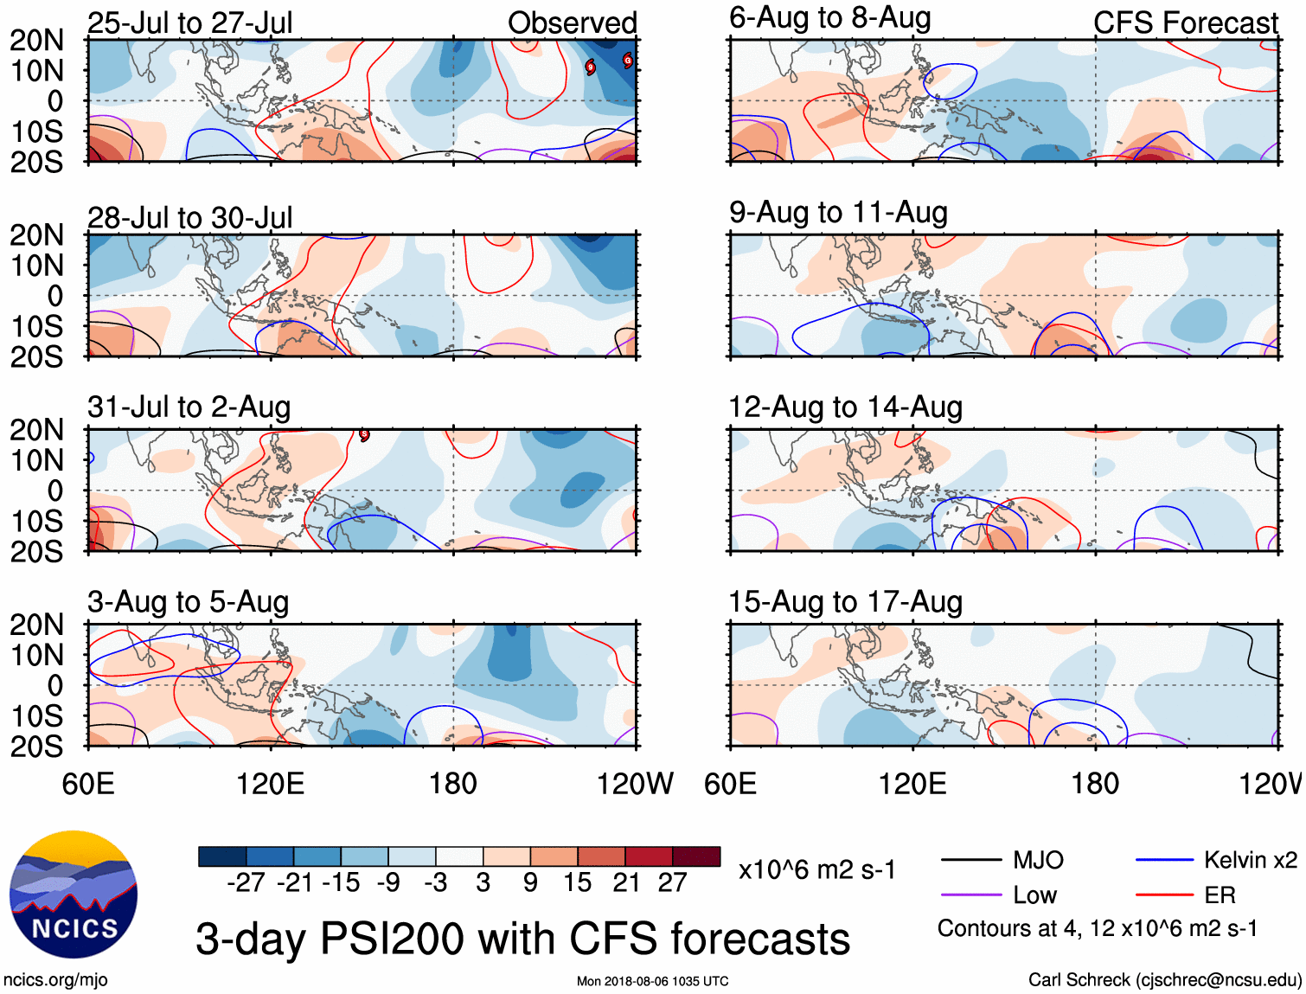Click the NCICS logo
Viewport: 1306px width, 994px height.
[x=74, y=895]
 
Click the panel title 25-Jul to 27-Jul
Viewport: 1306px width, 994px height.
[x=189, y=22]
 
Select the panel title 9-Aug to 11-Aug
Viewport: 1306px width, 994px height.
[x=838, y=212]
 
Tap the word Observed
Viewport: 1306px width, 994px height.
[x=572, y=22]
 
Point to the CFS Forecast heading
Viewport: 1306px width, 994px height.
[x=1185, y=22]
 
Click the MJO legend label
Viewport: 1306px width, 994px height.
[x=1038, y=860]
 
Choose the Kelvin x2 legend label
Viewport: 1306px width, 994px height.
[x=1250, y=860]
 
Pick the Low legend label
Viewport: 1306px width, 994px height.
[x=1035, y=895]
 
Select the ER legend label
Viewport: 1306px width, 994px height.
[x=1220, y=895]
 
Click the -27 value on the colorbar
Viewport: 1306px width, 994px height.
[x=246, y=882]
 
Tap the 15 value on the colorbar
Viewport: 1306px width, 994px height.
[x=577, y=882]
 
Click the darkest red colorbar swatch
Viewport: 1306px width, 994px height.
[x=696, y=856]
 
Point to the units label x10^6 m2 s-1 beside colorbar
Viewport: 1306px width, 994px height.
[x=816, y=869]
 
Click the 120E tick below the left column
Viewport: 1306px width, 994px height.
[x=270, y=784]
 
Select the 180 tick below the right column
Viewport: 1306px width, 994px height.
[x=1095, y=784]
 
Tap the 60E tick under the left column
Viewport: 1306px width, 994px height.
[x=88, y=784]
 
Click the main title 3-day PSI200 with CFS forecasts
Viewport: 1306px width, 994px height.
[x=522, y=939]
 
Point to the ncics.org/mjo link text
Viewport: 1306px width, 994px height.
[x=55, y=979]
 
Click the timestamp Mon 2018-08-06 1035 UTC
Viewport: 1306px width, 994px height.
[x=652, y=981]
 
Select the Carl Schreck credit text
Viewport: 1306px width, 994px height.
[x=1164, y=979]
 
